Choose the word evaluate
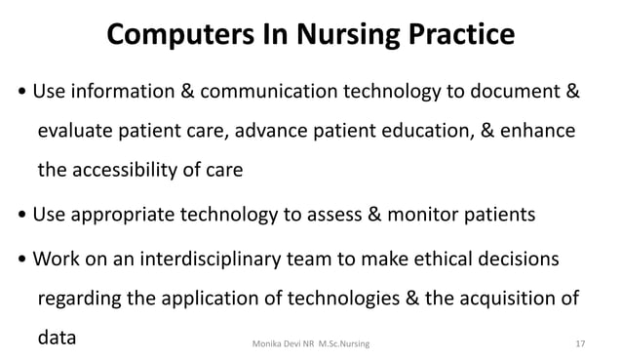click(x=78, y=132)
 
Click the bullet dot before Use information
click(x=22, y=95)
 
